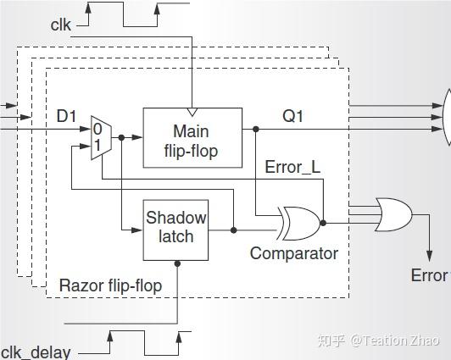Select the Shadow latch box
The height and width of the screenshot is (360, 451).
(175, 226)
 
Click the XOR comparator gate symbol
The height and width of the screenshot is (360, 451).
(299, 223)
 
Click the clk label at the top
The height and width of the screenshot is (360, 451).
(60, 25)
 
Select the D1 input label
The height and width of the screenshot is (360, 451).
(67, 115)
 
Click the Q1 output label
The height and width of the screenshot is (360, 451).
(292, 116)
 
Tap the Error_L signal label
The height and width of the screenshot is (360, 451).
(292, 167)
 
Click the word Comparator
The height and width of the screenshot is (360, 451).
(293, 253)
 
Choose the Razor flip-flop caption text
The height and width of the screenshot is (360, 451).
(110, 285)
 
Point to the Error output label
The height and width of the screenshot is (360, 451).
(429, 275)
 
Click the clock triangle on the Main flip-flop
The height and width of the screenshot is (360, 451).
(192, 112)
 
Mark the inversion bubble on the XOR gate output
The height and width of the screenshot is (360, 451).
(323, 223)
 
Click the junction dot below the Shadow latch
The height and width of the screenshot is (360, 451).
(177, 263)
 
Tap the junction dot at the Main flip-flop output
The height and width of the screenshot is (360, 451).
(254, 130)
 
